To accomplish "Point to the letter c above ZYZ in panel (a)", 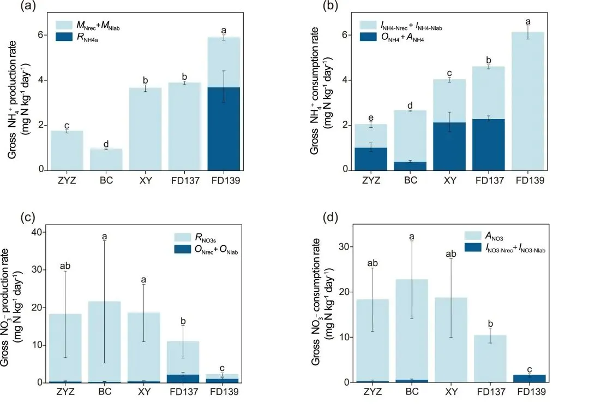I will pyautogui.click(x=66, y=125).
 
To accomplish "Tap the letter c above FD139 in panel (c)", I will pyautogui.click(x=224, y=368).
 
